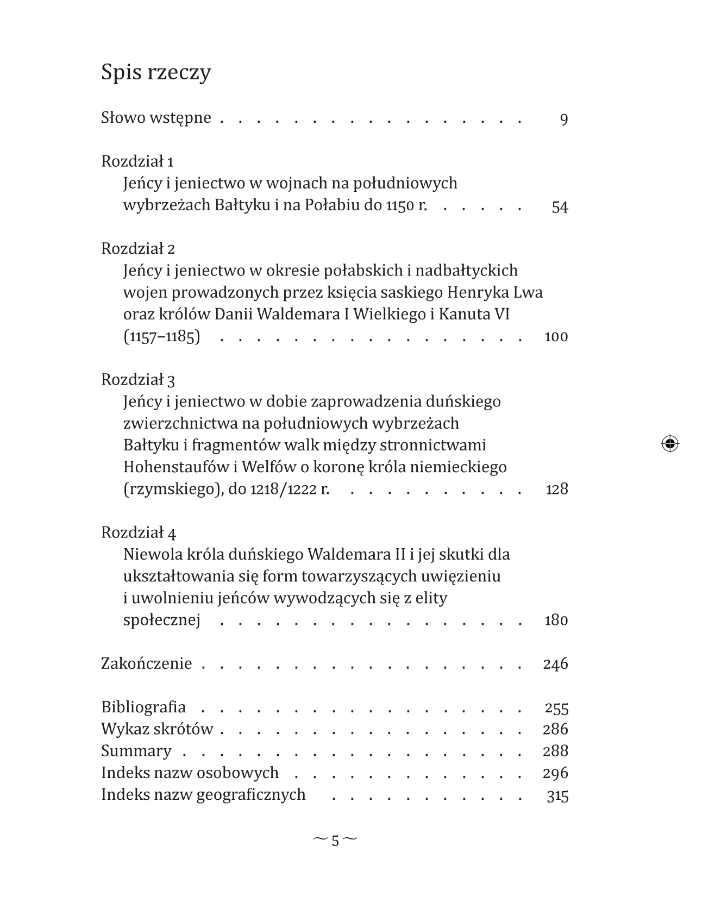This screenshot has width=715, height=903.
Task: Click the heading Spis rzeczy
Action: [156, 72]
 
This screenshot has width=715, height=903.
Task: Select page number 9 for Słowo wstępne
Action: [563, 119]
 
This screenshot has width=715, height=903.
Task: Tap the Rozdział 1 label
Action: [137, 161]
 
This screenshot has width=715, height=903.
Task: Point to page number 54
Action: [560, 207]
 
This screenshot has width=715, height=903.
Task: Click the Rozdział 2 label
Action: [138, 249]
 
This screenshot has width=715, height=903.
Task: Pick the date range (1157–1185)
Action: [161, 337]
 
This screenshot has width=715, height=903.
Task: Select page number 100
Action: [556, 337]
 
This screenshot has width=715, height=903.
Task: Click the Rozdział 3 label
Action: [138, 380]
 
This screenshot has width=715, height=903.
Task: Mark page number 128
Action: [556, 490]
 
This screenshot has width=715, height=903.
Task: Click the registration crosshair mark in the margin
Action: [670, 444]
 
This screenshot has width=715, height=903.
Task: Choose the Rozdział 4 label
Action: [139, 532]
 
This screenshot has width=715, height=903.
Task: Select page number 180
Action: [556, 620]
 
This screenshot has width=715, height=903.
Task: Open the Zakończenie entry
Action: [147, 664]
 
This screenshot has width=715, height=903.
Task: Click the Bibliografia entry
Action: [143, 707]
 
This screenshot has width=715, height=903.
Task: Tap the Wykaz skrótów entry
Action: [157, 729]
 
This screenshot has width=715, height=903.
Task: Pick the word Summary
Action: [136, 751]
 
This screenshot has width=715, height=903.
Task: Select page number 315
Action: [557, 796]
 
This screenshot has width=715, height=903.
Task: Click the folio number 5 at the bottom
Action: [335, 841]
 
